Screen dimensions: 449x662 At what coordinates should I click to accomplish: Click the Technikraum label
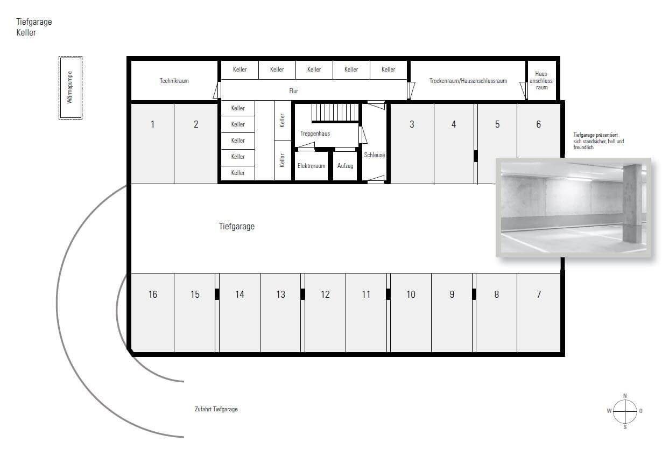174,81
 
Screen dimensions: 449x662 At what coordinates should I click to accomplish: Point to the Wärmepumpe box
71,87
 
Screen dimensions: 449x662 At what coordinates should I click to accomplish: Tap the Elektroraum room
311,166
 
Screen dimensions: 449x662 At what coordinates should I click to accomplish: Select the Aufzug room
345,166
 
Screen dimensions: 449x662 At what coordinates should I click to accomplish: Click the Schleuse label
374,155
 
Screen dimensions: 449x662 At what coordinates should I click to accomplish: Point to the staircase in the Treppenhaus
334,113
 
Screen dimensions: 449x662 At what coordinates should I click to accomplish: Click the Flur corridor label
293,91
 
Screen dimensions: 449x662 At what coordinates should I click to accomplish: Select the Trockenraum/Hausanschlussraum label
468,81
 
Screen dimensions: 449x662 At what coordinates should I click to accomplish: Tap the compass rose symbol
625,411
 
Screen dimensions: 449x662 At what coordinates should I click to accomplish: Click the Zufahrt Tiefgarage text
216,409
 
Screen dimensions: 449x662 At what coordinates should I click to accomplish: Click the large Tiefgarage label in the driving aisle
236,227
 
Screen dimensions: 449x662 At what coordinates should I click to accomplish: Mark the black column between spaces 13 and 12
302,294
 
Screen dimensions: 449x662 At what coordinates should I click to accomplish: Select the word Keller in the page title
26,32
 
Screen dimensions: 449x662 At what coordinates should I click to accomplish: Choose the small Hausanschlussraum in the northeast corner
541,80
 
